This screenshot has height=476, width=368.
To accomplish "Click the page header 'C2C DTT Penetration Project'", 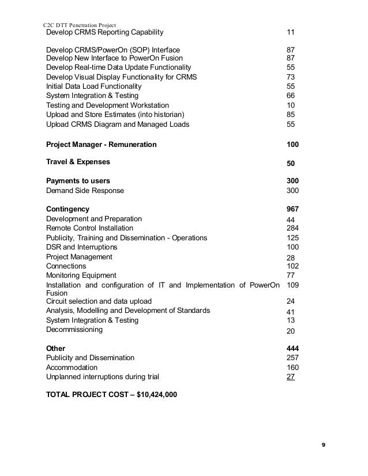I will coord(81,25).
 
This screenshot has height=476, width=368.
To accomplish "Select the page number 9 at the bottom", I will coord(323,444).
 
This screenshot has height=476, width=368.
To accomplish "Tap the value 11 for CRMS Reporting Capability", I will coord(291,32).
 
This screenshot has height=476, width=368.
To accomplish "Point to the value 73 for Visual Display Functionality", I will coord(291,77).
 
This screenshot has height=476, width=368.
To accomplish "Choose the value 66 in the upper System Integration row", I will coord(291,95).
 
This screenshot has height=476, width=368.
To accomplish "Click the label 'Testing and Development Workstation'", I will coord(107,105).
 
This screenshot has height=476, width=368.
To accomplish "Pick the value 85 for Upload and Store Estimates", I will coord(291,114).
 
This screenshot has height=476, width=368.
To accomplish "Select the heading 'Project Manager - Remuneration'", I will coord(101,144).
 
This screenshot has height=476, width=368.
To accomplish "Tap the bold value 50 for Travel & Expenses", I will coord(291,164).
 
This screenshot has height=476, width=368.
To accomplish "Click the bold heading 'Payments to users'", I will coord(78,181).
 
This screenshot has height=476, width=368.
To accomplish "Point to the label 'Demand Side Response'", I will coord(84,191).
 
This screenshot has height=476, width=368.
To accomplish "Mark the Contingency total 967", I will coord(292,209).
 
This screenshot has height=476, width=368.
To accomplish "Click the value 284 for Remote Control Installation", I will coord(292,228).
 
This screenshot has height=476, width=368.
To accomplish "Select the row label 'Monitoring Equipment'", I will coord(81,275).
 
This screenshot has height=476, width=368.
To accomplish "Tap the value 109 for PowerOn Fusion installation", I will coord(292,285).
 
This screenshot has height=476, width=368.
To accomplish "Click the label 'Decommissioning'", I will coord(74,330).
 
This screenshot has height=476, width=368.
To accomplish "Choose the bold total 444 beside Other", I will coord(292,348).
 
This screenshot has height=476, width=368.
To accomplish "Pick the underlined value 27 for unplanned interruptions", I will coord(291,377).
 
